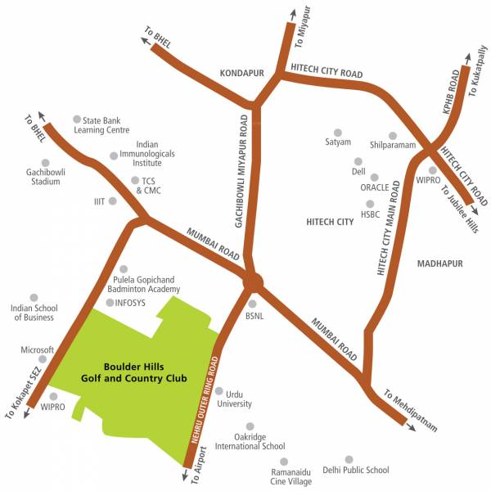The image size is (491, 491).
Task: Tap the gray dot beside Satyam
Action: pyautogui.click(x=338, y=132)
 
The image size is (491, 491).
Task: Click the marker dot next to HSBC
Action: pyautogui.click(x=370, y=204)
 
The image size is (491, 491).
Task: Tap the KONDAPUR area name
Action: pyautogui.click(x=242, y=73)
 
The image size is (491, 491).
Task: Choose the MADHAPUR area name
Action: pyautogui.click(x=439, y=264)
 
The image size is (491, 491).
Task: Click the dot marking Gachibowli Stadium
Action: pyautogui.click(x=45, y=162)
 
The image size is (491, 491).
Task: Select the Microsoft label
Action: pyautogui.click(x=37, y=349)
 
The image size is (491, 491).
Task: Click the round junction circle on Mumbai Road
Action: pyautogui.click(x=253, y=282)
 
